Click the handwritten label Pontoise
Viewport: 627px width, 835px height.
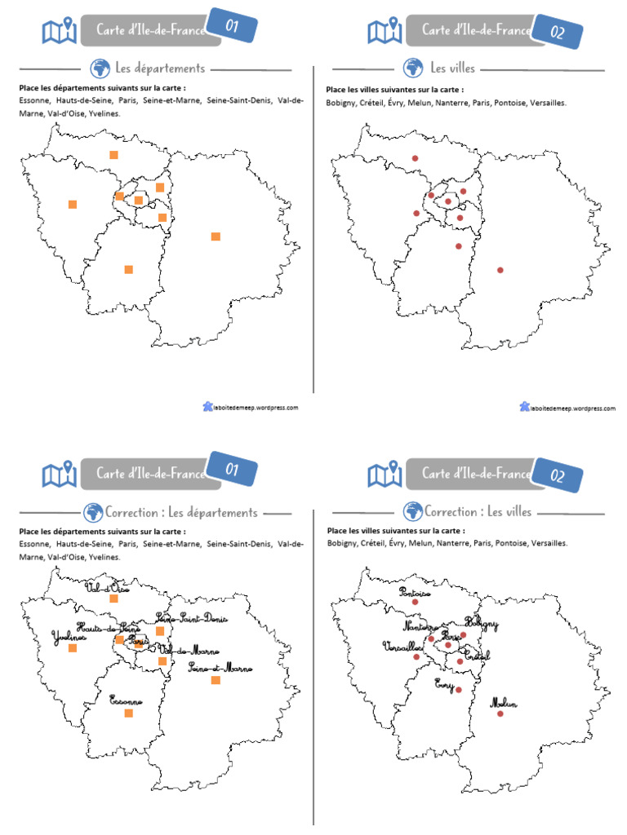(x=414, y=593)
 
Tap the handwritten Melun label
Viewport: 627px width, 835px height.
(x=504, y=704)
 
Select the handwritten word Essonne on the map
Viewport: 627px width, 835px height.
(x=127, y=700)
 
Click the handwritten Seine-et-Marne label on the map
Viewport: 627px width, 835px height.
(x=220, y=668)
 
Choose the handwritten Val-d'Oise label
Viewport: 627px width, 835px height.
(x=108, y=587)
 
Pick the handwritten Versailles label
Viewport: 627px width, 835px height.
(x=402, y=646)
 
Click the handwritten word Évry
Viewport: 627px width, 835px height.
(x=445, y=683)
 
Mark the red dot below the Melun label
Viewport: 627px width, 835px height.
(x=500, y=714)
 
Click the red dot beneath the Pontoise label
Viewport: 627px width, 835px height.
(x=415, y=603)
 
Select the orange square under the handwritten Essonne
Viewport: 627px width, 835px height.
(x=128, y=714)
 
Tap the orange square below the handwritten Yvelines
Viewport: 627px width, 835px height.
(x=73, y=648)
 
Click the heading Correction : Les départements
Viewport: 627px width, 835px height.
(x=181, y=513)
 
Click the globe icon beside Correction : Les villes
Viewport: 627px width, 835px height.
(x=413, y=512)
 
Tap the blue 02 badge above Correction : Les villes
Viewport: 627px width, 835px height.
(x=558, y=475)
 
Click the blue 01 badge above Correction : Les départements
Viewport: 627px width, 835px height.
(x=231, y=470)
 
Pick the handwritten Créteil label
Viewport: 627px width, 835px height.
(x=477, y=655)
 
